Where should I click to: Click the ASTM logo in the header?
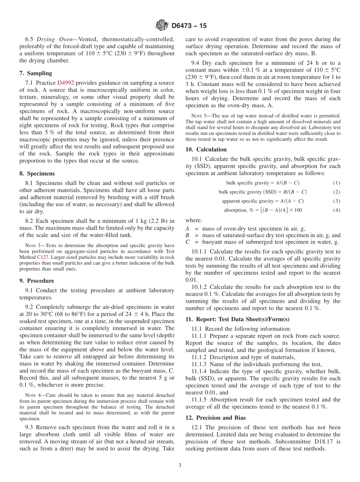click(162, 26)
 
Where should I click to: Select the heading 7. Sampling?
click(36, 73)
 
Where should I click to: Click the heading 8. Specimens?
click(37, 174)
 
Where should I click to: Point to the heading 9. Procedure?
click(37, 281)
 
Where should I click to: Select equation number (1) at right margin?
click(337, 183)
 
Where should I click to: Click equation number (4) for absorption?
click(337, 210)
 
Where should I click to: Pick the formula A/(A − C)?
click(291, 201)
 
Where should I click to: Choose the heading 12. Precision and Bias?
click(216, 418)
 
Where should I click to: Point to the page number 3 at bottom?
click(180, 465)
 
